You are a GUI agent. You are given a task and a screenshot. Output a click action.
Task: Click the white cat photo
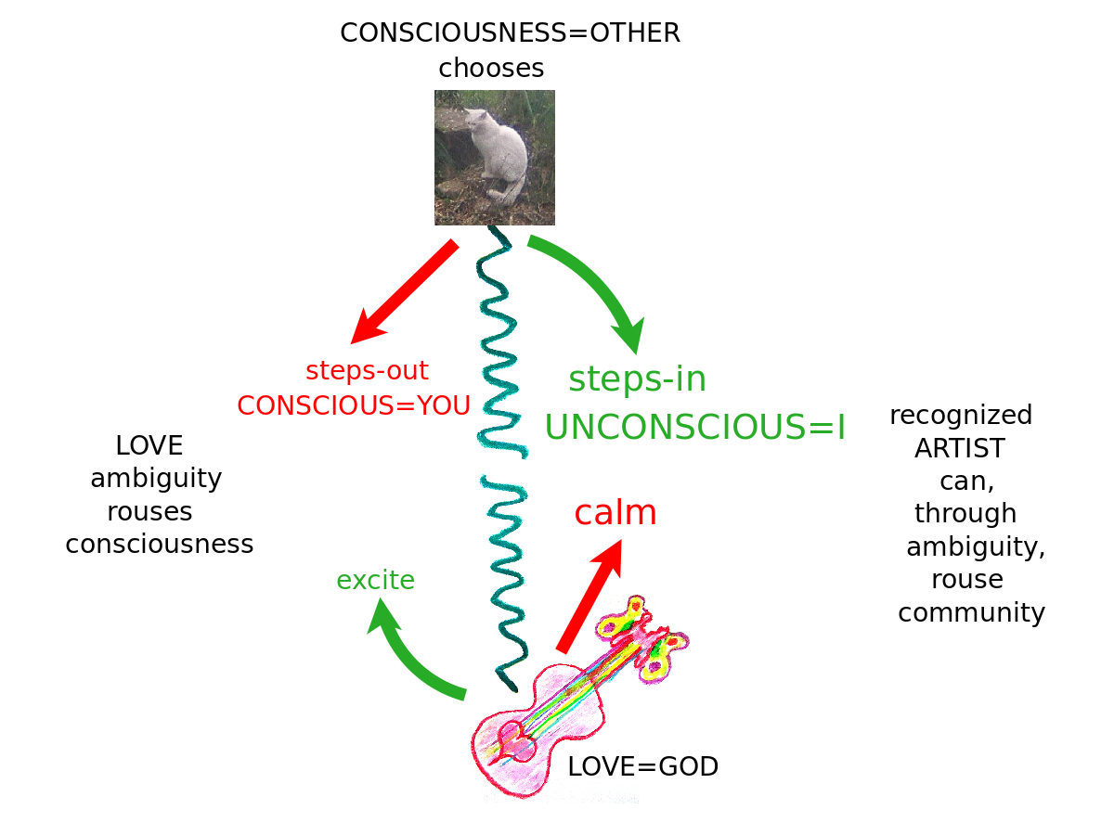pos(495,157)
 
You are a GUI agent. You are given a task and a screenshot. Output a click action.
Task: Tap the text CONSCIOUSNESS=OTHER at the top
pos(510,33)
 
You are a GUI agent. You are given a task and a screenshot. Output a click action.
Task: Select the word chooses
pos(491,69)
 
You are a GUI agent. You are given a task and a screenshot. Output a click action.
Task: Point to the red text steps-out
pos(367,371)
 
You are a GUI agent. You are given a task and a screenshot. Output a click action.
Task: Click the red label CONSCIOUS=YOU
pos(354,405)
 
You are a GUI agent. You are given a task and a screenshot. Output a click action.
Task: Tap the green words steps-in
pos(637,379)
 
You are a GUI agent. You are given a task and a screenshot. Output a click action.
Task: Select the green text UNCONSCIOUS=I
pos(694,427)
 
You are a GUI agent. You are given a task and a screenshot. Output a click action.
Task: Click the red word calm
pos(615,513)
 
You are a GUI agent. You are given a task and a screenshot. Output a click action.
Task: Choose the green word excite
pos(375,581)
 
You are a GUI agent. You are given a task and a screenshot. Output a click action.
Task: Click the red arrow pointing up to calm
pos(590,595)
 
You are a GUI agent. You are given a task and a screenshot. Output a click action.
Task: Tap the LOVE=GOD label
pos(642,767)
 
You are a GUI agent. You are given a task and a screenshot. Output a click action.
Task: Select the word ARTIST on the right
pos(959,449)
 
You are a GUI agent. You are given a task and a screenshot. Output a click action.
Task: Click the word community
pos(971,613)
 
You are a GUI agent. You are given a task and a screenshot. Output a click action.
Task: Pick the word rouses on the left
pos(149,512)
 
